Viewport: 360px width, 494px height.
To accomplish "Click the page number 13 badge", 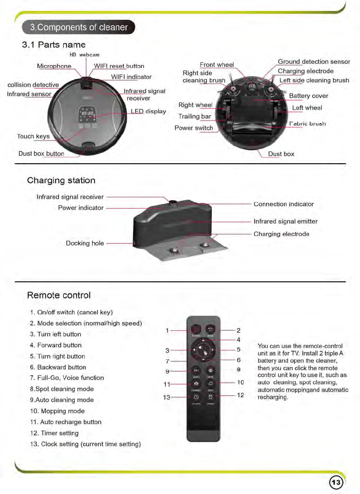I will pyautogui.click(x=336, y=482).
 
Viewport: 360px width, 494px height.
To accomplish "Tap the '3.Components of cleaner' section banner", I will pyautogui.click(x=79, y=28).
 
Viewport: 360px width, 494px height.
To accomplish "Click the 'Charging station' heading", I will pyautogui.click(x=61, y=180).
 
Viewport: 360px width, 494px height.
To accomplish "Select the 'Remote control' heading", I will pyautogui.click(x=59, y=295).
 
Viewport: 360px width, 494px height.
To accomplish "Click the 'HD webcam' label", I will pyautogui.click(x=84, y=55).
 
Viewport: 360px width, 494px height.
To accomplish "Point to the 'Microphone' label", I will pyautogui.click(x=54, y=66).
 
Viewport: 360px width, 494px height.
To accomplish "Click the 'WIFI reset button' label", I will pyautogui.click(x=119, y=66).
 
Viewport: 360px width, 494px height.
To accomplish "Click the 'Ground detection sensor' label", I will pyautogui.click(x=314, y=62).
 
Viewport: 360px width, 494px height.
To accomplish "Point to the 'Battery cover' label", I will pyautogui.click(x=308, y=96).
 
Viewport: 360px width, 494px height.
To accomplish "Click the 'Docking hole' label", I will pyautogui.click(x=85, y=243).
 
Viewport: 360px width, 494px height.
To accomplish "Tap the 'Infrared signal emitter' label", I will pyautogui.click(x=285, y=221).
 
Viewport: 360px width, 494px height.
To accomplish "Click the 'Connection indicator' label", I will pyautogui.click(x=283, y=204).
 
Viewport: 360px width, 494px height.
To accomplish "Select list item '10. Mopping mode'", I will pyautogui.click(x=57, y=411).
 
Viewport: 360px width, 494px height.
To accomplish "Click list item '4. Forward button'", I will pyautogui.click(x=56, y=345).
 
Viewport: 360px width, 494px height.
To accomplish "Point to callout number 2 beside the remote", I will pyautogui.click(x=239, y=330).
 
